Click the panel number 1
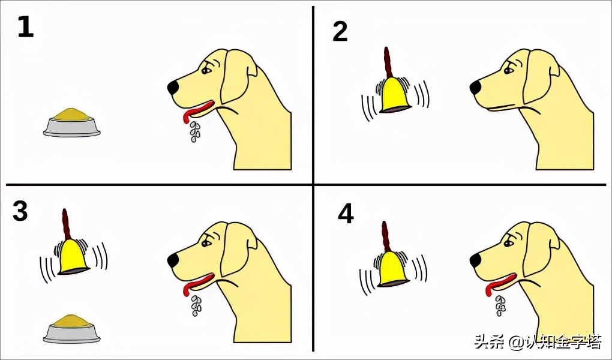(x=25, y=28)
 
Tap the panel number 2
(x=340, y=31)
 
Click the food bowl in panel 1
(x=72, y=122)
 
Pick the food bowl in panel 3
(x=72, y=329)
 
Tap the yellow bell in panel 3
(x=73, y=257)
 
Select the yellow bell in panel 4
(x=394, y=270)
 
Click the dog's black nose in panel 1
(x=173, y=88)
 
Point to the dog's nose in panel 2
(x=475, y=88)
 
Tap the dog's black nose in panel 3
(x=173, y=260)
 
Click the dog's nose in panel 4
(x=475, y=260)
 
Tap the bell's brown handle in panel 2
(x=388, y=62)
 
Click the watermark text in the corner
(x=538, y=342)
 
